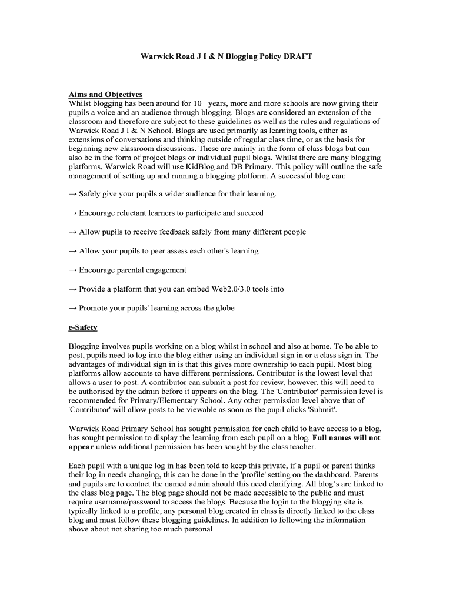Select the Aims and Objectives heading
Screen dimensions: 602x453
tap(105, 94)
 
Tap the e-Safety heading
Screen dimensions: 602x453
tap(83, 327)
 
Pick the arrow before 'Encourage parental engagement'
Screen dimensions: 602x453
tap(73, 270)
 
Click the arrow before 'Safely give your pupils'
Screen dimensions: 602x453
tap(73, 193)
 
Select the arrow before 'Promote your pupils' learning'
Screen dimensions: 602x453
tap(73, 308)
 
